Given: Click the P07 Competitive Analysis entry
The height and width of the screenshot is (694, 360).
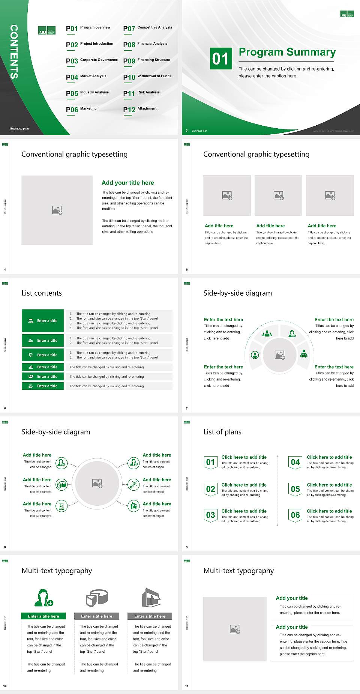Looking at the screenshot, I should pyautogui.click(x=147, y=28).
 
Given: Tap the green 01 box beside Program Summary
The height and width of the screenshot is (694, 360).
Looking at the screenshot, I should pyautogui.click(x=220, y=59).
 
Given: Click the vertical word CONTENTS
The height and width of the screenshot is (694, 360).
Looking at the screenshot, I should pyautogui.click(x=14, y=52).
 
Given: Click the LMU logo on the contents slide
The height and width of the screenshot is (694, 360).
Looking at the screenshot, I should pyautogui.click(x=47, y=30).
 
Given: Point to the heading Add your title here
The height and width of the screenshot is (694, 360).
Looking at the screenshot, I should pyautogui.click(x=127, y=183).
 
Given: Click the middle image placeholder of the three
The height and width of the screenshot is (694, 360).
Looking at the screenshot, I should pyautogui.click(x=278, y=195).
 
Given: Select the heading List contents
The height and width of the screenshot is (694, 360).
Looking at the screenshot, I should pyautogui.click(x=42, y=293).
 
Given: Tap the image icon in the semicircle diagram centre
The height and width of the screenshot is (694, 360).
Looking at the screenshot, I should pyautogui.click(x=279, y=355).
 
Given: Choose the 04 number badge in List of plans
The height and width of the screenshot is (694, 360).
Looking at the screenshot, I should pyautogui.click(x=295, y=462).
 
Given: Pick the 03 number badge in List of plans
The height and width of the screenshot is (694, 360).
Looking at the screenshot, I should pyautogui.click(x=210, y=515).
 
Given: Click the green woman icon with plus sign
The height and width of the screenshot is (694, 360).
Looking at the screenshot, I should pyautogui.click(x=43, y=598).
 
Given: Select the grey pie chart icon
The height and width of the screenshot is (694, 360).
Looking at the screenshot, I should pyautogui.click(x=97, y=598).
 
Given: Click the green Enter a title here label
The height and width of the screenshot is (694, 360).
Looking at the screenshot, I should pyautogui.click(x=43, y=616).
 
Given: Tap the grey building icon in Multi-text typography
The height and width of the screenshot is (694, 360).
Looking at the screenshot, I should pyautogui.click(x=151, y=598).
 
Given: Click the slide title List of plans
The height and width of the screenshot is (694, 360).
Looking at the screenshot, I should pyautogui.click(x=222, y=432).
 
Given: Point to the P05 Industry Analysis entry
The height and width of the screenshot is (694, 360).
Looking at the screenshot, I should pyautogui.click(x=87, y=93).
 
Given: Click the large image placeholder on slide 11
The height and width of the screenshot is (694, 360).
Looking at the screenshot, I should pyautogui.click(x=235, y=629).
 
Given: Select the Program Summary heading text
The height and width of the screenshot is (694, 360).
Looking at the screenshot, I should pyautogui.click(x=287, y=52).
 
